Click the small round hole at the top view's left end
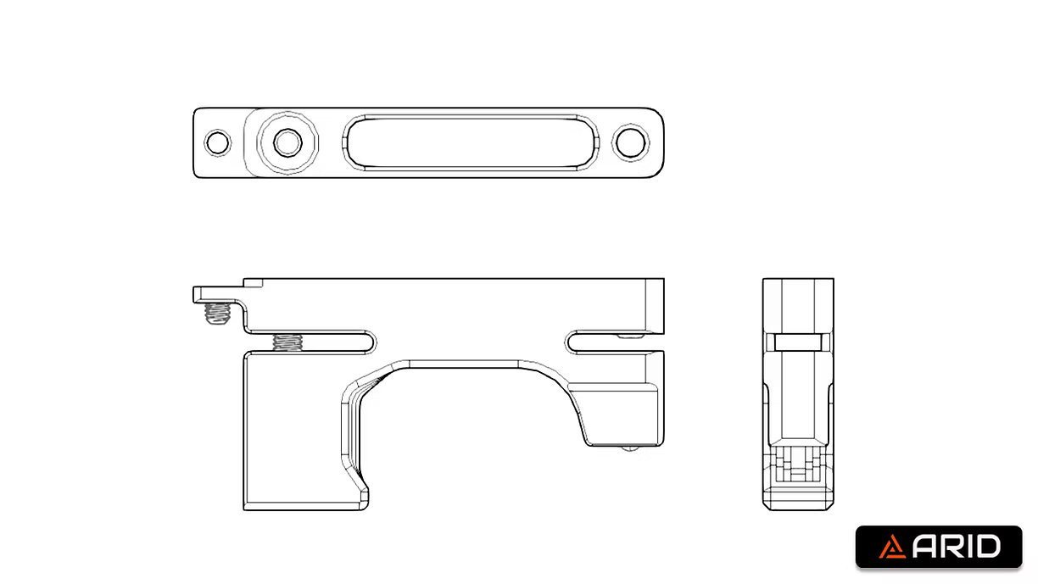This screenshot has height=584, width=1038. click(218, 142)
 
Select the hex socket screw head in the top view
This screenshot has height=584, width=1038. click(287, 142)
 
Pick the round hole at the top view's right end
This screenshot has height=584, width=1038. click(630, 142)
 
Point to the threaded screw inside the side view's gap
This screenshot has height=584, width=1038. click(288, 342)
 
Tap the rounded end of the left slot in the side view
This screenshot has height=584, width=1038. click(371, 342)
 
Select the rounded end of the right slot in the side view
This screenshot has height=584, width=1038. click(572, 342)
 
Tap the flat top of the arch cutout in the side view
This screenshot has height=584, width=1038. click(466, 365)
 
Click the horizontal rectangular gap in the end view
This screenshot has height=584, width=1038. click(797, 342)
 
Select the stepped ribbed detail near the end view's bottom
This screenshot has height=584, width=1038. click(797, 464)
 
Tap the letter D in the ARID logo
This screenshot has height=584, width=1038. click(988, 548)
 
